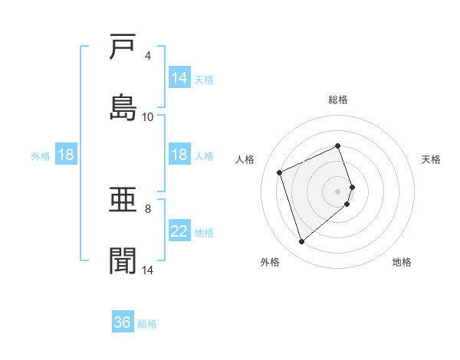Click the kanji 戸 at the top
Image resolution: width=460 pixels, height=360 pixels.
123,47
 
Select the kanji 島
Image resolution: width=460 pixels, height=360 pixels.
123,108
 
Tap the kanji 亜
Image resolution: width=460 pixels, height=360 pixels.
123,201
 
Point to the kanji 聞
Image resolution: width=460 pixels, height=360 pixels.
123,261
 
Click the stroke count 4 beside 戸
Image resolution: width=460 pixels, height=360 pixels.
147,56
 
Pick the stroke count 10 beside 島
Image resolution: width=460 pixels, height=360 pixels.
147,117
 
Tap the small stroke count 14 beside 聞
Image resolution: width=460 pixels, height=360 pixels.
147,270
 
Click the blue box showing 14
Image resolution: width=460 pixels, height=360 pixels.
179,78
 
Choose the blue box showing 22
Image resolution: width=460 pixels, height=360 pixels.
179,232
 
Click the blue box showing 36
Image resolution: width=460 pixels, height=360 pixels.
123,322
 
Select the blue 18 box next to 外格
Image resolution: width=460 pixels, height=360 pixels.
66,155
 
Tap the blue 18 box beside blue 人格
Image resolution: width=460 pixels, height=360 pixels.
179,155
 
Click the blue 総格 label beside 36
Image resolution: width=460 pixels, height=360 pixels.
147,324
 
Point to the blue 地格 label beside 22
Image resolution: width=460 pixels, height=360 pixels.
204,233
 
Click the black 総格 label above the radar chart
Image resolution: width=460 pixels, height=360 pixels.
338,100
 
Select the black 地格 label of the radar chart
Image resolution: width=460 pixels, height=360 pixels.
402,262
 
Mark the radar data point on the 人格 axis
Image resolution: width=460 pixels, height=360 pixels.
281,172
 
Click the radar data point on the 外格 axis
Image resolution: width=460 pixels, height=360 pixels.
301,242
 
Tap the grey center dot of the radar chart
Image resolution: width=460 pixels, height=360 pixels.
338,190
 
